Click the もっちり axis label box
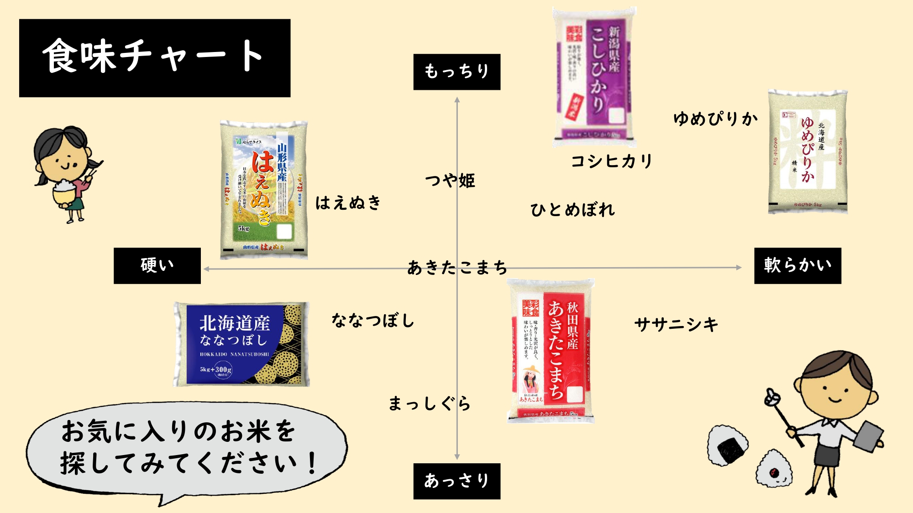456,72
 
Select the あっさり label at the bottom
456,481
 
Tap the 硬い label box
157,265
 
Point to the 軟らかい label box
797,265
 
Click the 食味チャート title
154,57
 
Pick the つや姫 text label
450,181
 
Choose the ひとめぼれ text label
572,210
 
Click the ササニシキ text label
676,324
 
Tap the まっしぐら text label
429,403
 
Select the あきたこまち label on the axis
456,267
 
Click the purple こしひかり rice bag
594,77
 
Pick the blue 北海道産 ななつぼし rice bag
242,344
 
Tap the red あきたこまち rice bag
551,351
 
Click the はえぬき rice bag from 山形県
263,190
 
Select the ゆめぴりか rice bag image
808,151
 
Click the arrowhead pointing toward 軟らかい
739,268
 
